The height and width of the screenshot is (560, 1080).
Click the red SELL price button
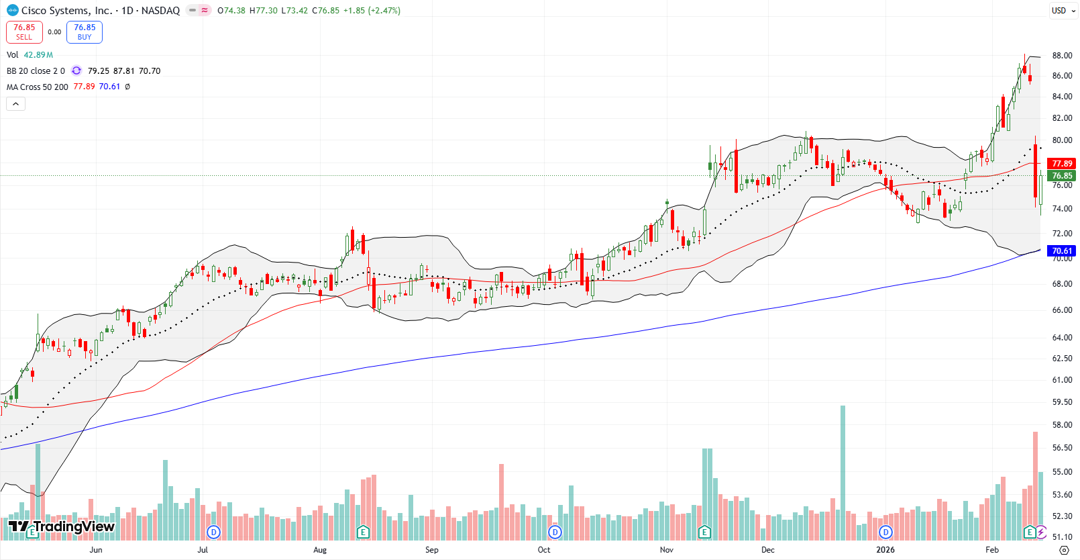[24, 32]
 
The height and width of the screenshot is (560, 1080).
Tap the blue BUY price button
[85, 32]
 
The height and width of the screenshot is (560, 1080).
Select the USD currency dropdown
[1063, 10]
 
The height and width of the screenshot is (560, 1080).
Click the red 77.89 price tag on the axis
[1062, 163]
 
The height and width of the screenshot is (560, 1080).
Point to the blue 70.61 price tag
[1062, 250]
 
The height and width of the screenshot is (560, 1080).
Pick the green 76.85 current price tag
[1062, 175]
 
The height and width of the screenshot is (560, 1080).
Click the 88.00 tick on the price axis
[1062, 56]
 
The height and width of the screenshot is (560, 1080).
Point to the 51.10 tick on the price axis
[1062, 536]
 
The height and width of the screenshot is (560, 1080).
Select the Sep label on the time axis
[431, 549]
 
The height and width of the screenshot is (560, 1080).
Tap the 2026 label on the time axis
[885, 549]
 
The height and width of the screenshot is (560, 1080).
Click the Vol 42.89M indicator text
[30, 54]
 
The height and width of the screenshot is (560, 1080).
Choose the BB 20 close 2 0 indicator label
[36, 71]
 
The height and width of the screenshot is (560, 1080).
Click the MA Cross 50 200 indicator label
[38, 87]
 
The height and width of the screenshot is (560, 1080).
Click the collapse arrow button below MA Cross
[16, 103]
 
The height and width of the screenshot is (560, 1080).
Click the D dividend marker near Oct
[555, 532]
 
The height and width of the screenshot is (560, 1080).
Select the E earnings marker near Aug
[363, 532]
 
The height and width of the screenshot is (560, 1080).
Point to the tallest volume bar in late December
[843, 470]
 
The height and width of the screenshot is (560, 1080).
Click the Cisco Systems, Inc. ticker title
[66, 10]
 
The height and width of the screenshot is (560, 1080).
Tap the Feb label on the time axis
[991, 549]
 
